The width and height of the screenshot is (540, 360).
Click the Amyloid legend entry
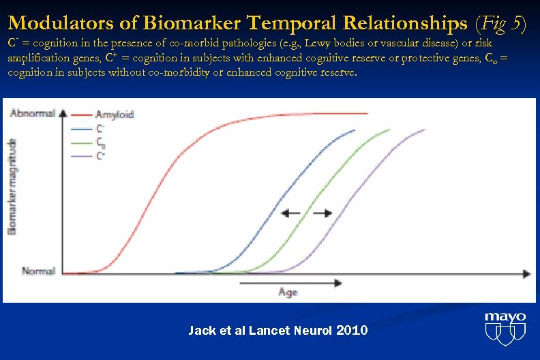pyautogui.click(x=114, y=115)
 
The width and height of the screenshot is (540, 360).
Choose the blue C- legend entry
pyautogui.click(x=100, y=127)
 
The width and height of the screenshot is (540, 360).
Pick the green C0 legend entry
pyautogui.click(x=100, y=142)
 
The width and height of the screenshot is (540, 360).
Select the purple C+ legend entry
pyautogui.click(x=100, y=155)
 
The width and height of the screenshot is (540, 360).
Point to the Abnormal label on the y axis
pyautogui.click(x=33, y=113)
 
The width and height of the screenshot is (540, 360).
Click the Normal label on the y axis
pyautogui.click(x=38, y=271)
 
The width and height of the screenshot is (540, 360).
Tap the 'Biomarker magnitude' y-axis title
pyautogui.click(x=12, y=186)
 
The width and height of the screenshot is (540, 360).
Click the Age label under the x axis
pyautogui.click(x=288, y=292)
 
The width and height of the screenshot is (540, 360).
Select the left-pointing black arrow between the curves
pyautogui.click(x=291, y=213)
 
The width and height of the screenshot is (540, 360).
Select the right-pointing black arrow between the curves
pyautogui.click(x=322, y=213)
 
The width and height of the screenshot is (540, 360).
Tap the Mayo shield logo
pyautogui.click(x=505, y=329)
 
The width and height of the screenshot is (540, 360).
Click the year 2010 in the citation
pyautogui.click(x=352, y=331)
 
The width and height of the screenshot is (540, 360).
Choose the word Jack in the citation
pyautogui.click(x=200, y=331)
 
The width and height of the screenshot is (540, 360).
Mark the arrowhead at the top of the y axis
pyautogui.click(x=63, y=113)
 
